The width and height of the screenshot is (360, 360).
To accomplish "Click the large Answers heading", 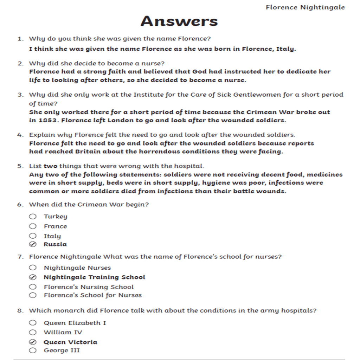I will click(179, 21).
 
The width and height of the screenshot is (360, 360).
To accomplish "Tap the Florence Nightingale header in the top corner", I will click(305, 7).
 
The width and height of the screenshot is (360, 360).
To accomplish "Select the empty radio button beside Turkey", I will click(33, 216).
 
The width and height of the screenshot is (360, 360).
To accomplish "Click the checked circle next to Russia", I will click(33, 244).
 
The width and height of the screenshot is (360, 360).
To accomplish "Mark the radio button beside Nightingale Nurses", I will click(33, 268).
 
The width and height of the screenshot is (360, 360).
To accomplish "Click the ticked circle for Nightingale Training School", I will click(33, 277).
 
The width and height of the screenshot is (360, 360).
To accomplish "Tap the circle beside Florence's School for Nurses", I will click(33, 295).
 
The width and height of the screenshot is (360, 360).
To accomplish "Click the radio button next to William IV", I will click(33, 332).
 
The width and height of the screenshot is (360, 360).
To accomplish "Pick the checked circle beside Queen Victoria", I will click(33, 342).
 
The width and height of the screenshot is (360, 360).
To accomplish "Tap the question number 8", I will click(20, 311).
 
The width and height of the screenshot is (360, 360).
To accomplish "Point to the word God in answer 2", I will click(199, 71).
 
